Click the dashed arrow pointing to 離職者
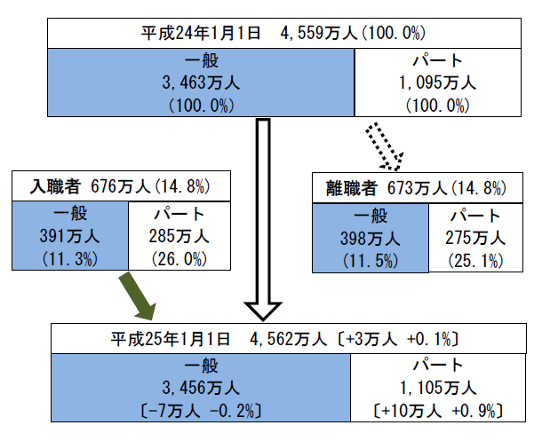(x=385, y=146)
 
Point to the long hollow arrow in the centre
(x=263, y=220)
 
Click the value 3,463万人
(x=201, y=83)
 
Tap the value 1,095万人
(x=438, y=83)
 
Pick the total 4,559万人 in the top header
(x=319, y=33)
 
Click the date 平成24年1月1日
(x=201, y=33)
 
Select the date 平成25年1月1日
(x=171, y=339)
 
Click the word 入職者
(x=55, y=186)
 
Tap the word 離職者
(x=352, y=188)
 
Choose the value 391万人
(x=70, y=236)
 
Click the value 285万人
(x=179, y=236)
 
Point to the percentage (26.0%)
(x=179, y=259)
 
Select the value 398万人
(x=370, y=239)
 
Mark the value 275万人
(x=475, y=238)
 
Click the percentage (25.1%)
(x=475, y=261)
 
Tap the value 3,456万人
(x=201, y=388)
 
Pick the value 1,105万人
(x=438, y=388)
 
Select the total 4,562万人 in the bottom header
(x=289, y=339)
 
